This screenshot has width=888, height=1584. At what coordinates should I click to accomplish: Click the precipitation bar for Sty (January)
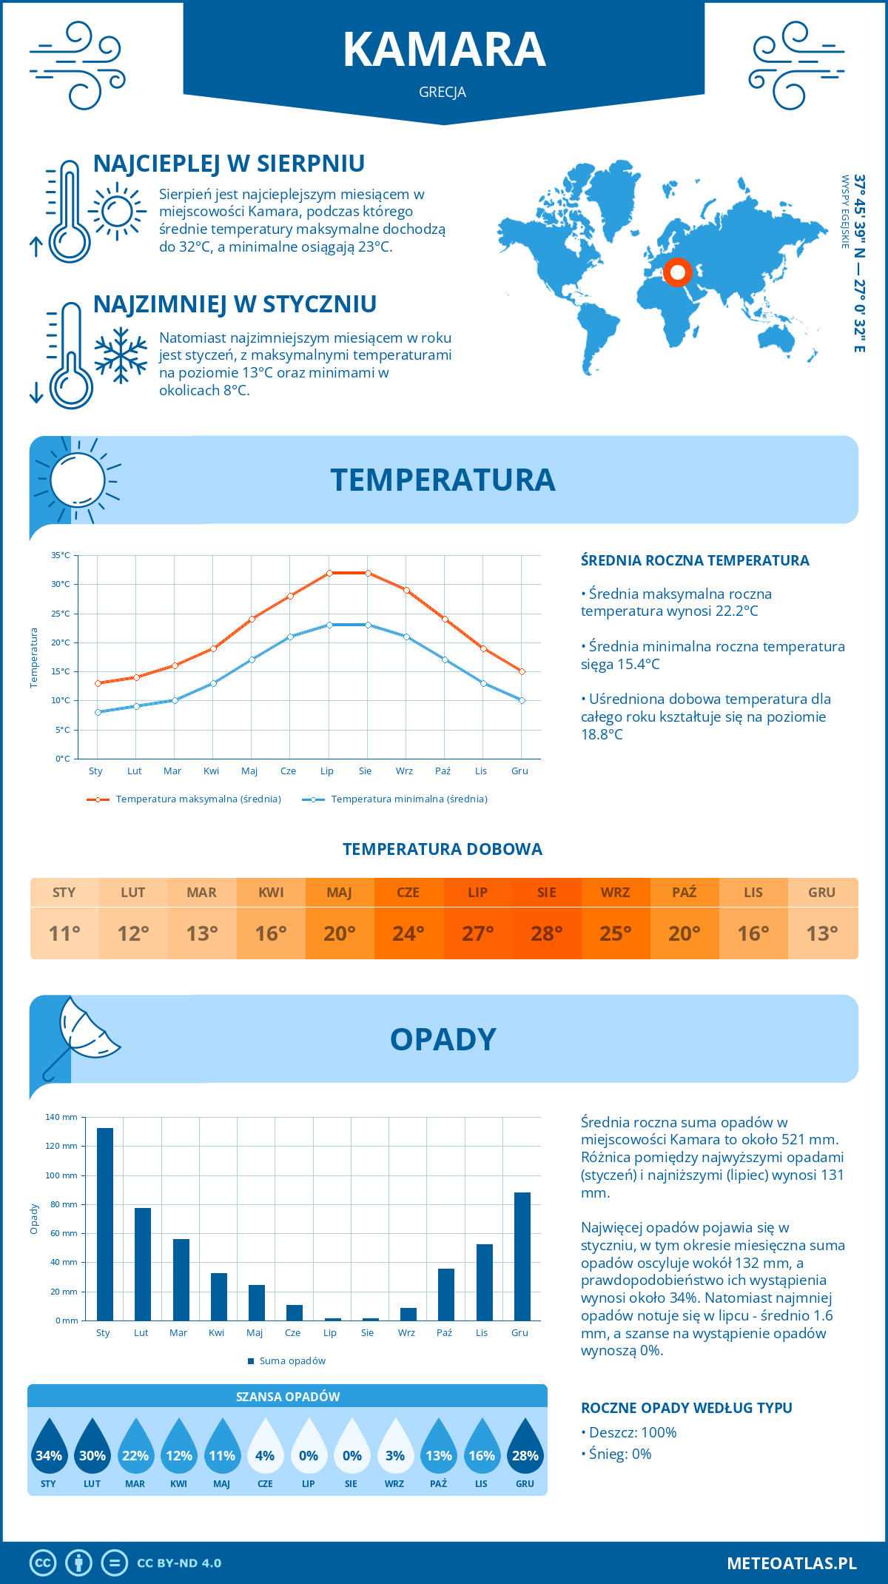[x=105, y=1224]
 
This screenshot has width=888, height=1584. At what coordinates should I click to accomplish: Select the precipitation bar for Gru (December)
[x=522, y=1256]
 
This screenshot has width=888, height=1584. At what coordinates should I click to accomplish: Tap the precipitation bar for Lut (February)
[x=143, y=1264]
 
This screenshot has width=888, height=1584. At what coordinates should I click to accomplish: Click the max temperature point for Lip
[x=329, y=573]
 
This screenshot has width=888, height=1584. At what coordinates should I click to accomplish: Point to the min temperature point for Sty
[x=98, y=712]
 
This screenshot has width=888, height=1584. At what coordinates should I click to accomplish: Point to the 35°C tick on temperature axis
[x=61, y=555]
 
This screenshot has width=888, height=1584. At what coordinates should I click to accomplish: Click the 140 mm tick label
[x=61, y=1117]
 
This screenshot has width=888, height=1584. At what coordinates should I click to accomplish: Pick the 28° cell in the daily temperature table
[x=546, y=933]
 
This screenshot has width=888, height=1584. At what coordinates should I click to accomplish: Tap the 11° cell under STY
[x=64, y=933]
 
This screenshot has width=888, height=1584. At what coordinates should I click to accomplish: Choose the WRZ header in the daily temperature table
[x=615, y=893]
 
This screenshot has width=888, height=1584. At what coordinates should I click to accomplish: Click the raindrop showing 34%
[x=49, y=1446]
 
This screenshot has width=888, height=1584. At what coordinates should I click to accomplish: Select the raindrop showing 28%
[x=525, y=1446]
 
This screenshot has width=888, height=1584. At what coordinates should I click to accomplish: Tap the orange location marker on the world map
[x=677, y=272]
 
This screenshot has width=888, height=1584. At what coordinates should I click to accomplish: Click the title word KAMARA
[x=444, y=50]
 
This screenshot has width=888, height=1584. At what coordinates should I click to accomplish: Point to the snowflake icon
[x=121, y=355]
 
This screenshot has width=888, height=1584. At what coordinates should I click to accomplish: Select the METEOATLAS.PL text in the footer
[x=791, y=1563]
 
